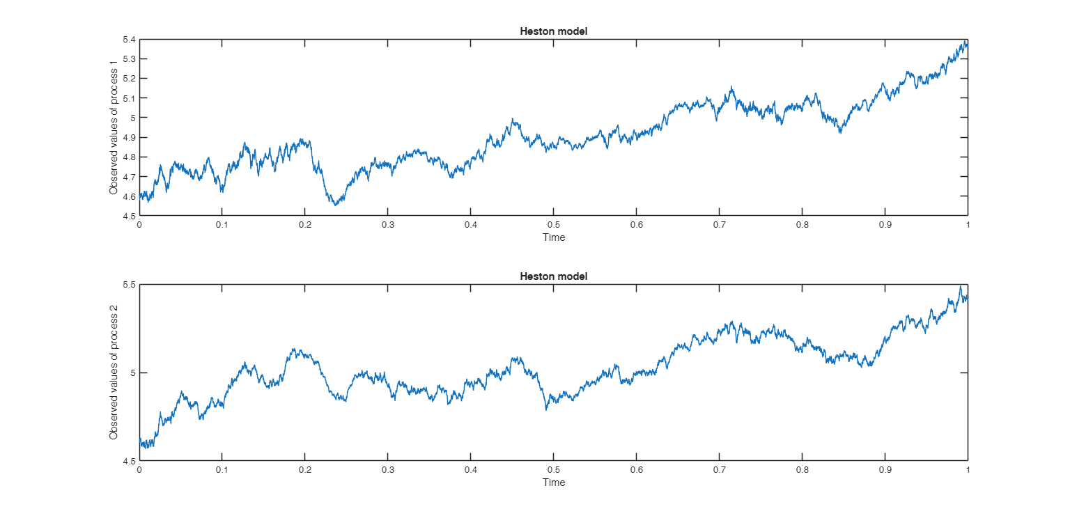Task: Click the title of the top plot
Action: [553, 31]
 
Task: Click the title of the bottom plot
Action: [553, 276]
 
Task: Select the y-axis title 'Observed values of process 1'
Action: [114, 127]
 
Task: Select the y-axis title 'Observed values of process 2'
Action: [114, 372]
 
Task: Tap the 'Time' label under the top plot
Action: [554, 237]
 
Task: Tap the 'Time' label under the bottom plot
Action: [554, 482]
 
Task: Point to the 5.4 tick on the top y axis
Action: [128, 40]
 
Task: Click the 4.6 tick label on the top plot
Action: [128, 196]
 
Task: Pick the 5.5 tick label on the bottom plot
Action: [128, 285]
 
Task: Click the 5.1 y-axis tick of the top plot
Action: [128, 98]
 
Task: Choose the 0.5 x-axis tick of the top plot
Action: [554, 226]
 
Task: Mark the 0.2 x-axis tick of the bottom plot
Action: [305, 471]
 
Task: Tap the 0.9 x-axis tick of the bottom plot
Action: [885, 471]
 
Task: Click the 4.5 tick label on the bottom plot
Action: [128, 461]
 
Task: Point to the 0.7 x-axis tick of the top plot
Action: [719, 226]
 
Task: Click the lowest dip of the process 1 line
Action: [336, 205]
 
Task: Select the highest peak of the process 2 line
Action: [960, 287]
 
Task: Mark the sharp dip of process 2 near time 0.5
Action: [546, 409]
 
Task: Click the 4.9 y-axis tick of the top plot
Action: [128, 138]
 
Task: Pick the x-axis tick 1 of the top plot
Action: [968, 226]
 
